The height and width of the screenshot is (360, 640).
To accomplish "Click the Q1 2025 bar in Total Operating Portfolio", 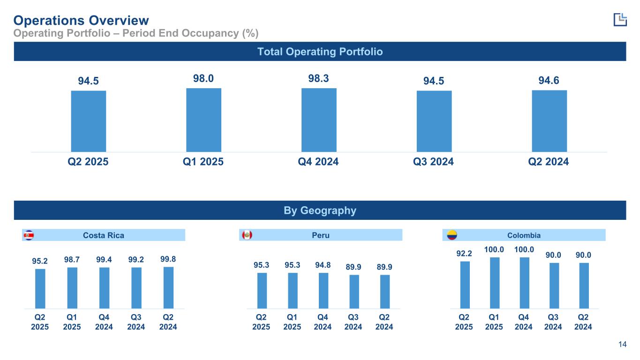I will (x=203, y=120).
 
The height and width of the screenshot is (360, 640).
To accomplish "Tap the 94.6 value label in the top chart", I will (x=549, y=81).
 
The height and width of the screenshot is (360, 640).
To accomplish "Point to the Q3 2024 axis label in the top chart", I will (x=433, y=162).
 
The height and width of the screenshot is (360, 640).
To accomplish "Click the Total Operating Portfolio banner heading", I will (x=320, y=52).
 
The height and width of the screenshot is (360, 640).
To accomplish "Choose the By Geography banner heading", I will (x=320, y=210).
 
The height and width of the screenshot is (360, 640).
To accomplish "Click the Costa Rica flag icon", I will (x=29, y=235).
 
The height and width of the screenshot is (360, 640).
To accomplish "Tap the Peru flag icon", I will (x=247, y=235).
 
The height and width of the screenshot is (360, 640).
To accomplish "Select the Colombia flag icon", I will (x=452, y=235).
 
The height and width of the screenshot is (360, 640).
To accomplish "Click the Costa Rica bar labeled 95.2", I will (x=40, y=288).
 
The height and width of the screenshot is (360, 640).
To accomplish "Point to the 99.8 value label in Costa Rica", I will (x=168, y=258).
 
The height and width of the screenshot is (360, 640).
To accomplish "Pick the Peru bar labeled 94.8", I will (x=324, y=290).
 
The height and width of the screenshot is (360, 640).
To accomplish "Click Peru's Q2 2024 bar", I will (x=384, y=291).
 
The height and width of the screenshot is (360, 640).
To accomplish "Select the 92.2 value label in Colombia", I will (x=464, y=254).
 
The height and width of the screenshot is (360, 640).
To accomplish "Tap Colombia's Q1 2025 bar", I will (x=494, y=283).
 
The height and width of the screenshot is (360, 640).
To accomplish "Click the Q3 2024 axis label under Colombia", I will (x=553, y=322).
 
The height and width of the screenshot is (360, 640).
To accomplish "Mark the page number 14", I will (x=622, y=345).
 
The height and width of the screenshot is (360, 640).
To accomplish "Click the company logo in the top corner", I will (x=620, y=19).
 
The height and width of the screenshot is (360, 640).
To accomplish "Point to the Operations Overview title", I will (x=81, y=20).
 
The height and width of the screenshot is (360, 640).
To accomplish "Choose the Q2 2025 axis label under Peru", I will (x=262, y=322).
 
